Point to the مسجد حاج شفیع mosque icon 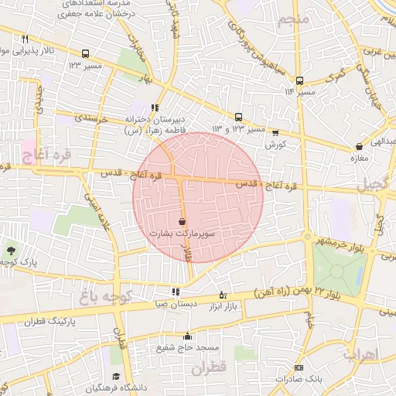click(186, 336)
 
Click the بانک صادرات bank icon click(299, 367)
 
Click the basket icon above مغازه click(359, 146)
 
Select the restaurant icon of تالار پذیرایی click(26, 39)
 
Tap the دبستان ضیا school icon click(176, 292)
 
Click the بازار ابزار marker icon click(224, 295)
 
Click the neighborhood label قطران click(207, 368)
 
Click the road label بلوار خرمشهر click(339, 242)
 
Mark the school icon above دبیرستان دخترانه click(155, 108)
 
